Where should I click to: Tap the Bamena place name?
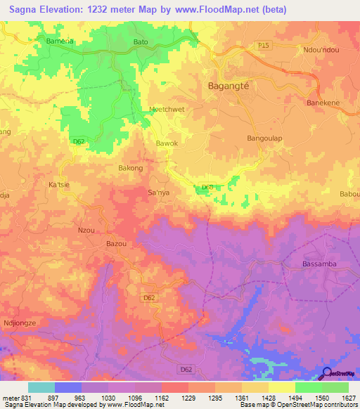point(60,41)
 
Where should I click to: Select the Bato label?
point(141,42)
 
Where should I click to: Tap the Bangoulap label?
point(264,138)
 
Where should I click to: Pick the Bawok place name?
point(167,143)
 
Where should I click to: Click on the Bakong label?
point(131,169)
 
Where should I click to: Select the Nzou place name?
point(85,230)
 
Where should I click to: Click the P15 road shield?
point(263,46)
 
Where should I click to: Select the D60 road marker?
point(207,187)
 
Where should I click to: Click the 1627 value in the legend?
point(349,397)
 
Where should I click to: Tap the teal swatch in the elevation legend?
point(41,387)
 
